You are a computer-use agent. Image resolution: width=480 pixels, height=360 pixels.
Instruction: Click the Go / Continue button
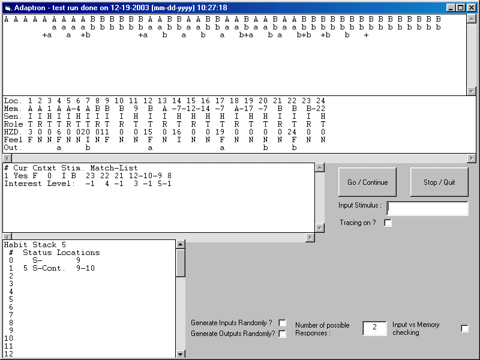click(x=367, y=182)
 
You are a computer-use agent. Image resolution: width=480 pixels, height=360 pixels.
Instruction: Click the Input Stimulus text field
click(x=427, y=208)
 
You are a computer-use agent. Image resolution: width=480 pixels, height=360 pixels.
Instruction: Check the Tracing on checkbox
click(x=388, y=223)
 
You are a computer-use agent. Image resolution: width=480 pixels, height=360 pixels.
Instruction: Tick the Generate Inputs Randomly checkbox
click(x=283, y=323)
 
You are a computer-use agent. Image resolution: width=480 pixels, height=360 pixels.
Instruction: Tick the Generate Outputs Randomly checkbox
click(x=283, y=334)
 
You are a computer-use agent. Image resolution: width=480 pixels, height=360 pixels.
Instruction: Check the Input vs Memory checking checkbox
click(x=464, y=328)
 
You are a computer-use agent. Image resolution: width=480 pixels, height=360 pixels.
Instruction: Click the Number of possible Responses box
click(x=374, y=328)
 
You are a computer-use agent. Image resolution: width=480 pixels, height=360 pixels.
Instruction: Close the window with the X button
click(x=472, y=8)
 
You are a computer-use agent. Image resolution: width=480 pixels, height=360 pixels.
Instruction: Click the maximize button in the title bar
click(x=461, y=8)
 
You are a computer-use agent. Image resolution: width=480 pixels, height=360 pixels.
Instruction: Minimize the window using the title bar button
click(x=451, y=8)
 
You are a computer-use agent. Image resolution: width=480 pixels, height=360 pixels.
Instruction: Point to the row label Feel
click(x=13, y=140)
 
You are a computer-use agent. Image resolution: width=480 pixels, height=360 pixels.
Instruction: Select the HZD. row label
click(x=13, y=132)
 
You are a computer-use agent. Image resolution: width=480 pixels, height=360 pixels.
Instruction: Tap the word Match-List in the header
click(x=114, y=168)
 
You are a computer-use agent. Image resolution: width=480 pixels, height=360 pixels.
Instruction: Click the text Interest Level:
click(x=40, y=184)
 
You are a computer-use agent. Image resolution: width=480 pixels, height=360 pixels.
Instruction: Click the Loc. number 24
click(x=320, y=101)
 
